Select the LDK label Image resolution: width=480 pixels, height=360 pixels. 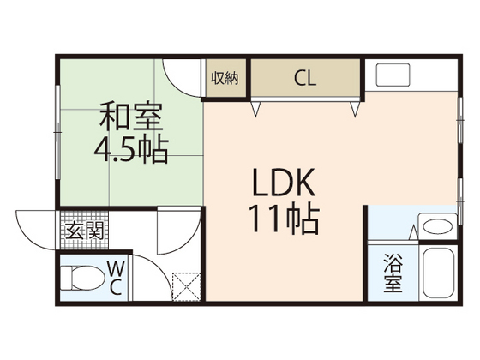(x=285, y=183)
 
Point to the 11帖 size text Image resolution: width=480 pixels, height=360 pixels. (x=285, y=219)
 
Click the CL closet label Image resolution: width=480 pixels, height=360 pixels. (x=304, y=79)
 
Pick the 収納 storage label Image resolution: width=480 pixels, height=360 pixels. (x=225, y=78)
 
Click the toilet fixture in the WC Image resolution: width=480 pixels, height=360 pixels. (x=85, y=278)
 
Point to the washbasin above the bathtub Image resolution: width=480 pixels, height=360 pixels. (x=438, y=227)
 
